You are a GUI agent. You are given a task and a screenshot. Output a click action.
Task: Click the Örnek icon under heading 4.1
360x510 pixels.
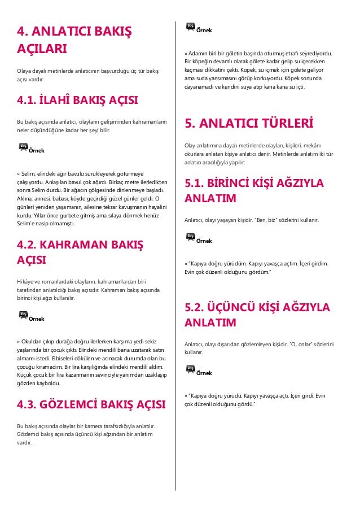coord(24,148)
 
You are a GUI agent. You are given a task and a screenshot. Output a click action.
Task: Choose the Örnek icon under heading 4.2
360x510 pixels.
coord(24,316)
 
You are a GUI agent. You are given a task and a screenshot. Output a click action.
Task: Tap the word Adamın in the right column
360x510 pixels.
coord(200,54)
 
